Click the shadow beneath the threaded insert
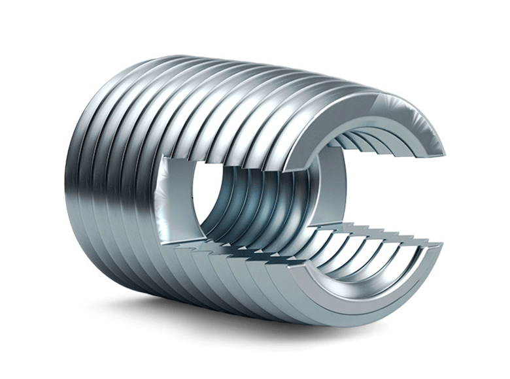click(x=196, y=314)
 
